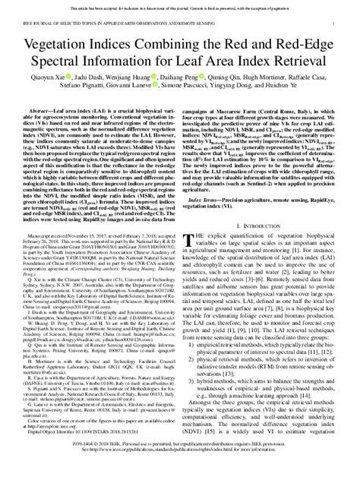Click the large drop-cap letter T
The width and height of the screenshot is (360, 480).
191,263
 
